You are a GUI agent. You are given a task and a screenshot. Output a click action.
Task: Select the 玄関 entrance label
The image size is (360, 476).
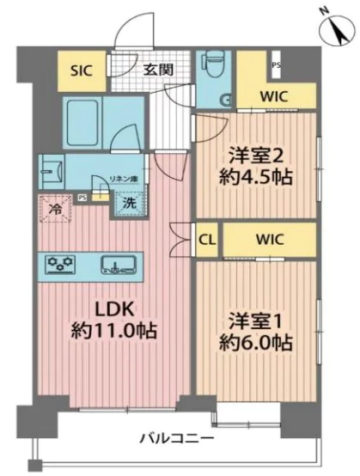coord(158,69)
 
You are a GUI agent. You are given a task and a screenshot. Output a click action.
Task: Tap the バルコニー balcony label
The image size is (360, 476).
coord(178,439)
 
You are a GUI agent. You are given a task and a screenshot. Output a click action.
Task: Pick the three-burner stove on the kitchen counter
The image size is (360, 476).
coord(62,264)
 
